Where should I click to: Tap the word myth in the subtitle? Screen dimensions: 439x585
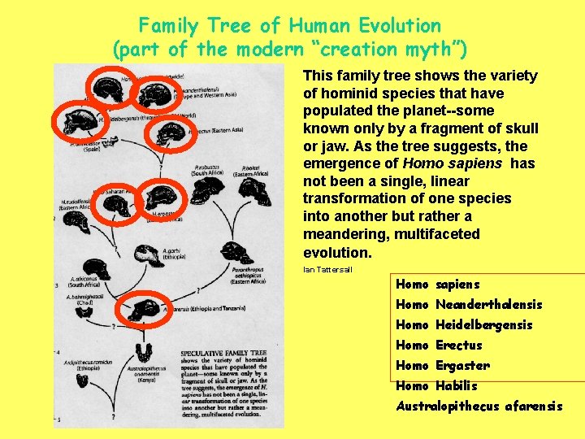pyautogui.click(x=427, y=50)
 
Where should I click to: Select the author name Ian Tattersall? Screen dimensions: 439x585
pyautogui.click(x=327, y=269)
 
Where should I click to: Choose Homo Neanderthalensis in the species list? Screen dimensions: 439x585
pyautogui.click(x=468, y=305)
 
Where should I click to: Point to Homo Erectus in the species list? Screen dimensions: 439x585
pyautogui.click(x=439, y=346)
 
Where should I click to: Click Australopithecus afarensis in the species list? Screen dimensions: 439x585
pyautogui.click(x=479, y=406)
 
